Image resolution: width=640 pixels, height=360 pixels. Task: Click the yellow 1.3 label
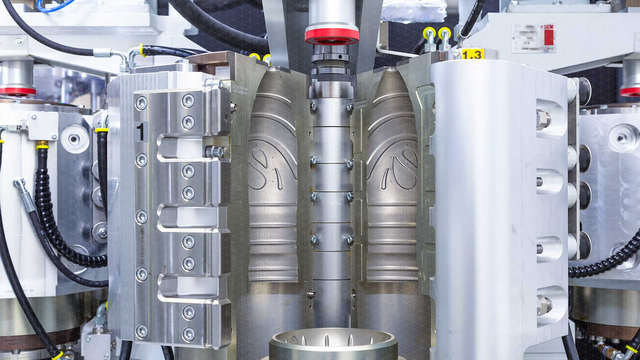coord(472,54)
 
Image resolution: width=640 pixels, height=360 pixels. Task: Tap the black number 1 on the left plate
coord(140,132)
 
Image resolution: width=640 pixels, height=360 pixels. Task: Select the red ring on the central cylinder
coord(332,35)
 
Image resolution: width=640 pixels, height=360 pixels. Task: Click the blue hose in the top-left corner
coord(56,5)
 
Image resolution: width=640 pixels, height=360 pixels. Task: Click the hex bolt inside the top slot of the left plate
coord(216,152)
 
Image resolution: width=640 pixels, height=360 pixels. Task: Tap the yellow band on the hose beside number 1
coord(102,129)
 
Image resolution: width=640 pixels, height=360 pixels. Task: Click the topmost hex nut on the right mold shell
coord(544,119)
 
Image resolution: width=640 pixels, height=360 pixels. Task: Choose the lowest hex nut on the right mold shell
coord(544,306)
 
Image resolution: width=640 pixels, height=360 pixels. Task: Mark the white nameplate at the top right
coord(534,38)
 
